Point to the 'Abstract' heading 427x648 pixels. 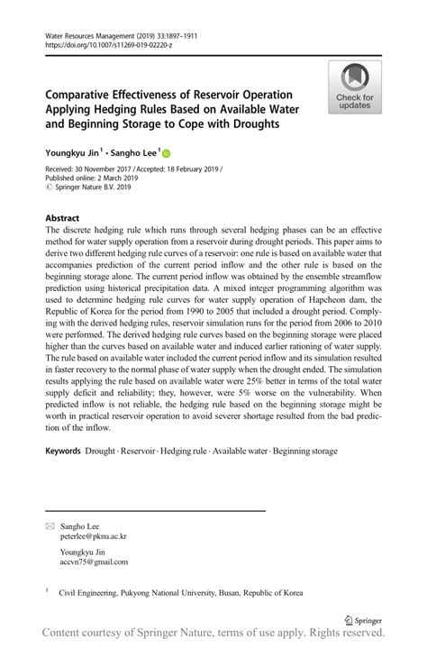coord(61,218)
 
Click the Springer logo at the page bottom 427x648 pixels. coord(362,620)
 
